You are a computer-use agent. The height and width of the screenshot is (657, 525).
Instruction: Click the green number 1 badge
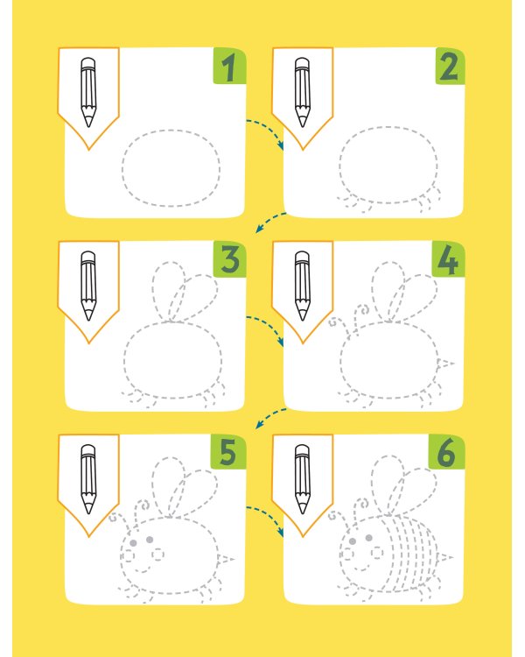click(229, 66)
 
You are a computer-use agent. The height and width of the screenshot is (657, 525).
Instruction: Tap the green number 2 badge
click(450, 66)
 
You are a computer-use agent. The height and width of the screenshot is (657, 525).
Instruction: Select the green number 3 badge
click(229, 259)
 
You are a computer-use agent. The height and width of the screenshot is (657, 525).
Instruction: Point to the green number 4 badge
click(448, 259)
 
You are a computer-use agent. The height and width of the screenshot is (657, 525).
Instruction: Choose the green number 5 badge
click(228, 452)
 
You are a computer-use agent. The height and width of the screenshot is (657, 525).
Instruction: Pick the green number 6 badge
click(446, 452)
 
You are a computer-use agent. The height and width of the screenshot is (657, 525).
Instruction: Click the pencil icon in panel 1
click(88, 92)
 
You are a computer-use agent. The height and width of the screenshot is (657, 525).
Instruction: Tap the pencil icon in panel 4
click(302, 286)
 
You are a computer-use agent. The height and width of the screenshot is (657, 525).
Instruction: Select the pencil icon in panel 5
click(88, 479)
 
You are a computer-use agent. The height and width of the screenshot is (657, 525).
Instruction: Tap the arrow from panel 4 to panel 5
click(270, 416)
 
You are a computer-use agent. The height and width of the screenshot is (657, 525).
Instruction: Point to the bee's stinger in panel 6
click(444, 558)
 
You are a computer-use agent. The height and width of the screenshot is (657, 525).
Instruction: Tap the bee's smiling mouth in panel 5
click(143, 569)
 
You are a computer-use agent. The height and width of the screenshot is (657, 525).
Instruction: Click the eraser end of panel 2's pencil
click(302, 63)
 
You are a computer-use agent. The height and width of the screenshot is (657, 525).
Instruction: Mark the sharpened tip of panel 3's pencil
click(88, 318)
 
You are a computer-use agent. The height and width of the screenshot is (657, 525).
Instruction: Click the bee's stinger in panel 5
click(226, 559)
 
